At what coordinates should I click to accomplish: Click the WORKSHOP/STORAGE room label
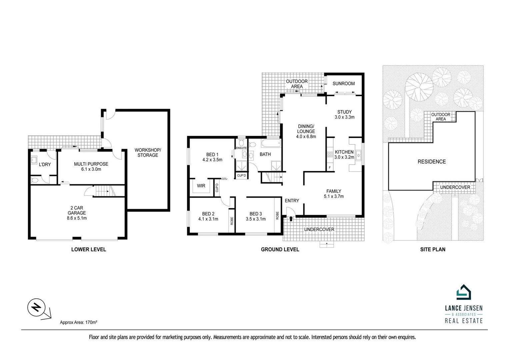pyautogui.click(x=148, y=153)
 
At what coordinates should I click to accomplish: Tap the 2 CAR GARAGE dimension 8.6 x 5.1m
pyautogui.click(x=77, y=218)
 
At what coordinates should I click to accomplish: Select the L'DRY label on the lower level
pyautogui.click(x=45, y=164)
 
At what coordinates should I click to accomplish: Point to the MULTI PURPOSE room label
pyautogui.click(x=91, y=164)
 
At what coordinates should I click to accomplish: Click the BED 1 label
pyautogui.click(x=212, y=155)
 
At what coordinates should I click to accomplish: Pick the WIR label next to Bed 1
pyautogui.click(x=201, y=186)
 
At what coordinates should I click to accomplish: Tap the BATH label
pyautogui.click(x=265, y=154)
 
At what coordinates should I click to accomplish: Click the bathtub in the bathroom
pyautogui.click(x=271, y=144)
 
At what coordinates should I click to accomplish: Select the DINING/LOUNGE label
pyautogui.click(x=306, y=129)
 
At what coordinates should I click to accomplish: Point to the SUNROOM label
pyautogui.click(x=344, y=83)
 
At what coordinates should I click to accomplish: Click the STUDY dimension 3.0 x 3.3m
pyautogui.click(x=344, y=117)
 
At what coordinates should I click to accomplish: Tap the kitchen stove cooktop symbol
pyautogui.click(x=330, y=155)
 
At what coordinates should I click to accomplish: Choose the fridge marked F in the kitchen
pyautogui.click(x=330, y=168)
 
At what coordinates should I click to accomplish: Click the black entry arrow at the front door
pyautogui.click(x=291, y=219)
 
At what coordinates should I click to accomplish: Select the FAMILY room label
pyautogui.click(x=334, y=191)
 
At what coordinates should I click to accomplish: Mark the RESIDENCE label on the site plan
pyautogui.click(x=432, y=162)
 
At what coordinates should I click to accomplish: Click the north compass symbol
pyautogui.click(x=36, y=307)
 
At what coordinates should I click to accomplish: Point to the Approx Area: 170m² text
pyautogui.click(x=79, y=322)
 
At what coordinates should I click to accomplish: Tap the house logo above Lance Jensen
pyautogui.click(x=464, y=292)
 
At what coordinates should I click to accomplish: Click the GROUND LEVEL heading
pyautogui.click(x=280, y=249)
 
